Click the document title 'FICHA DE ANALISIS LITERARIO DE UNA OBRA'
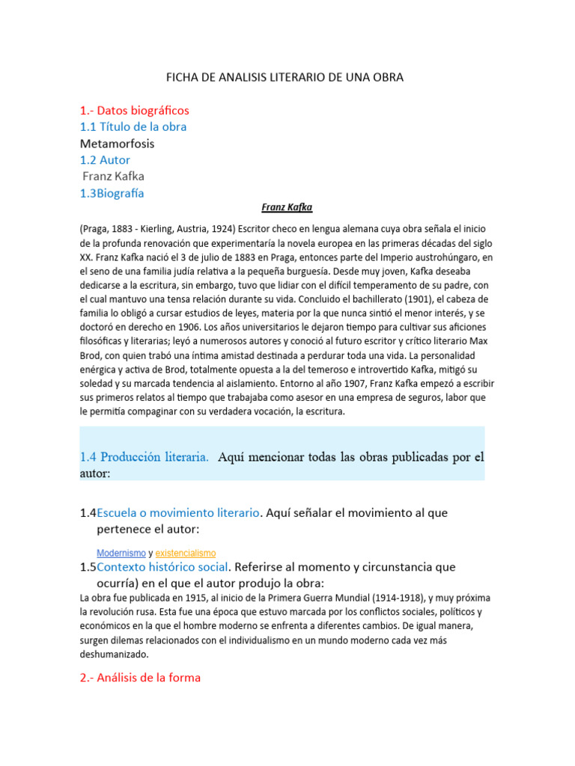pyautogui.click(x=287, y=77)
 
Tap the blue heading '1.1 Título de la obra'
pyautogui.click(x=133, y=126)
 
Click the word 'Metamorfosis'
pyautogui.click(x=117, y=143)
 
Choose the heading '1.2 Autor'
pyautogui.click(x=105, y=159)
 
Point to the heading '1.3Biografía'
pyautogui.click(x=112, y=193)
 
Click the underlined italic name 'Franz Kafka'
pyautogui.click(x=287, y=207)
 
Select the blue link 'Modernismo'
pyautogui.click(x=121, y=553)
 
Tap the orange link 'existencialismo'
pyautogui.click(x=186, y=553)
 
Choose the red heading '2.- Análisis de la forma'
pyautogui.click(x=141, y=678)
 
